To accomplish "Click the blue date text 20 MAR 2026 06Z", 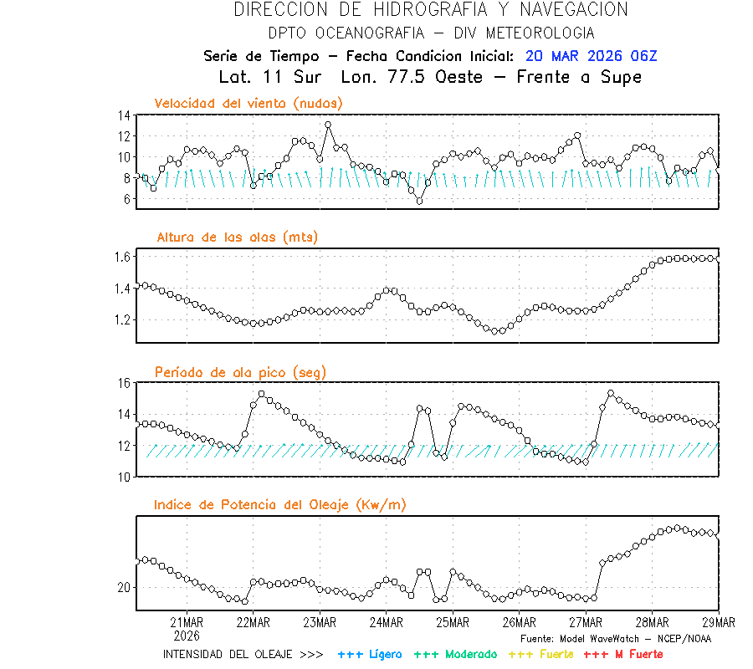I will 592,56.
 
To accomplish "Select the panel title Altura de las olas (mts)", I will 237,237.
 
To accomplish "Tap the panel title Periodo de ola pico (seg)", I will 240,371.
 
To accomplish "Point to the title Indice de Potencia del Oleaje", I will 279,504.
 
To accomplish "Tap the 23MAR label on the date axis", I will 320,622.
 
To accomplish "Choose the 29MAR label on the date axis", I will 718,622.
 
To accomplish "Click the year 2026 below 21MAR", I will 186,635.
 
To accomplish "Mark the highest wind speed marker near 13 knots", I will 328,125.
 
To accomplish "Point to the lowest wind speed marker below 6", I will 419,201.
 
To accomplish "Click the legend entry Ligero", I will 371,654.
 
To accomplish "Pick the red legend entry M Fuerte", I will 623,654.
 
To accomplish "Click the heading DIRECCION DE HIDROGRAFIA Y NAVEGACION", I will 431,10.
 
